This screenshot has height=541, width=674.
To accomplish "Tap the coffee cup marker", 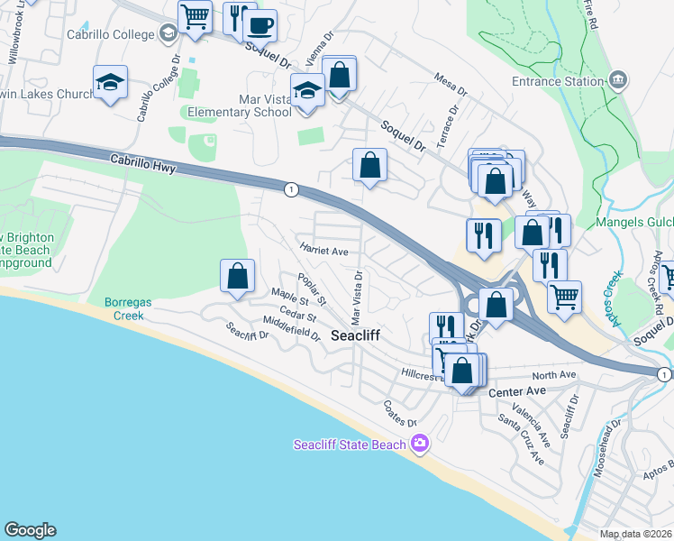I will [x=260, y=25].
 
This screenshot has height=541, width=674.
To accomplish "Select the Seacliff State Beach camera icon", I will [x=419, y=444].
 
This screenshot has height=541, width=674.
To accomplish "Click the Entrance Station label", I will [x=557, y=82].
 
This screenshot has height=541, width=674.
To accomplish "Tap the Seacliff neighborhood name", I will [x=356, y=335].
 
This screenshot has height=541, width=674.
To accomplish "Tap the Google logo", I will [x=30, y=530].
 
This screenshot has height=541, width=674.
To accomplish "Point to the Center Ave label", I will [x=517, y=392].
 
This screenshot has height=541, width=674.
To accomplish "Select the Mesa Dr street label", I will [x=451, y=86].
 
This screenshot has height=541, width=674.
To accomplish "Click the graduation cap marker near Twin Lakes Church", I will [x=111, y=83].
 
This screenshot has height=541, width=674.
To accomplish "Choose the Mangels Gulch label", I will [x=634, y=223].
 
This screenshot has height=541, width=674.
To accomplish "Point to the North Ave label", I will [x=553, y=375].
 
